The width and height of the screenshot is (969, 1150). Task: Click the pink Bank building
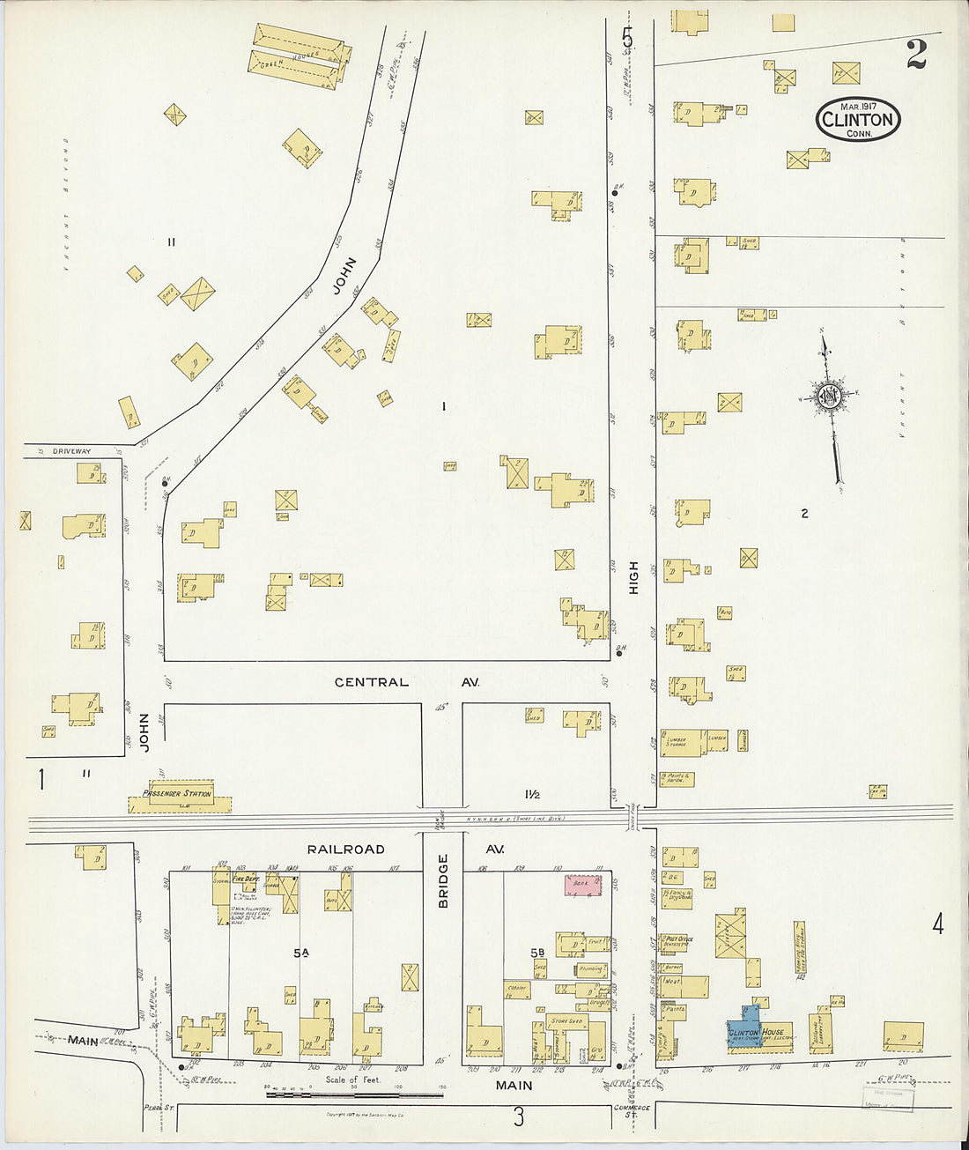[x=582, y=886]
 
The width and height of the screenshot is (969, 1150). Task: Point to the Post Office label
[x=679, y=939]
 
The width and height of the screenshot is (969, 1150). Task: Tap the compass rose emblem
[x=829, y=397]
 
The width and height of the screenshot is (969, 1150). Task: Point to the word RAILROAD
[x=345, y=850]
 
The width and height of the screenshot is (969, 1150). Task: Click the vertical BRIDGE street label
[x=443, y=880]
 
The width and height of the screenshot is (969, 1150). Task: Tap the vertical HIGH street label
[x=632, y=577]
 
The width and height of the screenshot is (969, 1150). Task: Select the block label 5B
[x=538, y=952]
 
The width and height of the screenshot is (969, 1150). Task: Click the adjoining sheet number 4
[x=938, y=924]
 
